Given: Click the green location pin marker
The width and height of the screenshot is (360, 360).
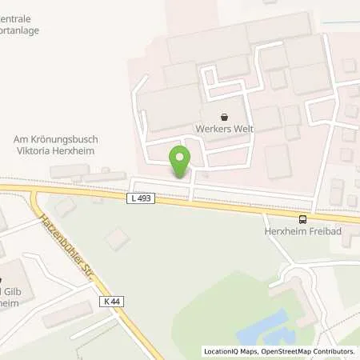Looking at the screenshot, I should (x=179, y=161).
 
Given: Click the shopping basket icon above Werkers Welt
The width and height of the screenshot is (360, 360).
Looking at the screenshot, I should (x=223, y=115).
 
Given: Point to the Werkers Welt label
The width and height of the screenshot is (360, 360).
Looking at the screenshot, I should (x=223, y=128).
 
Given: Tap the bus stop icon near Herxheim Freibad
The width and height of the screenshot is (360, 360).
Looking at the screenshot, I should (x=302, y=219).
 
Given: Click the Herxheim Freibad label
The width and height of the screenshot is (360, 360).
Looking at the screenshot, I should (x=303, y=232).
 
